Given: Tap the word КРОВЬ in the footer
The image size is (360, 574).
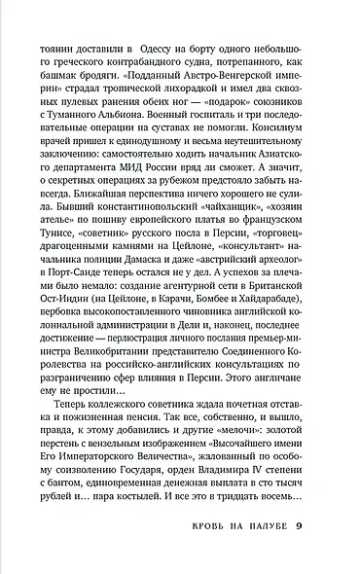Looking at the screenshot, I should point(202,555).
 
